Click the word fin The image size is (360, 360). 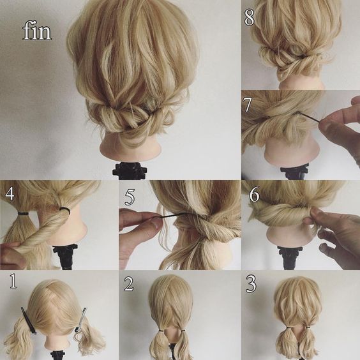tap(37, 31)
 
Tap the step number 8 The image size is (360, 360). tap(250, 17)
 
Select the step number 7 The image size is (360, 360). tap(248, 105)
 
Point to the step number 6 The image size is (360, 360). tap(255, 194)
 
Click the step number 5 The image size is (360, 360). tap(130, 197)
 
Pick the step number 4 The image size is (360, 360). tap(10, 193)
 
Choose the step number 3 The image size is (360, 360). tap(251, 284)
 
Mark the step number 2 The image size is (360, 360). tap(128, 283)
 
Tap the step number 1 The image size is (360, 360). tap(13, 281)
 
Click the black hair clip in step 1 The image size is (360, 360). tap(29, 320)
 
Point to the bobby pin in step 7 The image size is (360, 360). tap(308, 116)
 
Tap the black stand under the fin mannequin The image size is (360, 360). tap(130, 171)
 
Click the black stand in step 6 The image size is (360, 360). tap(289, 257)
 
